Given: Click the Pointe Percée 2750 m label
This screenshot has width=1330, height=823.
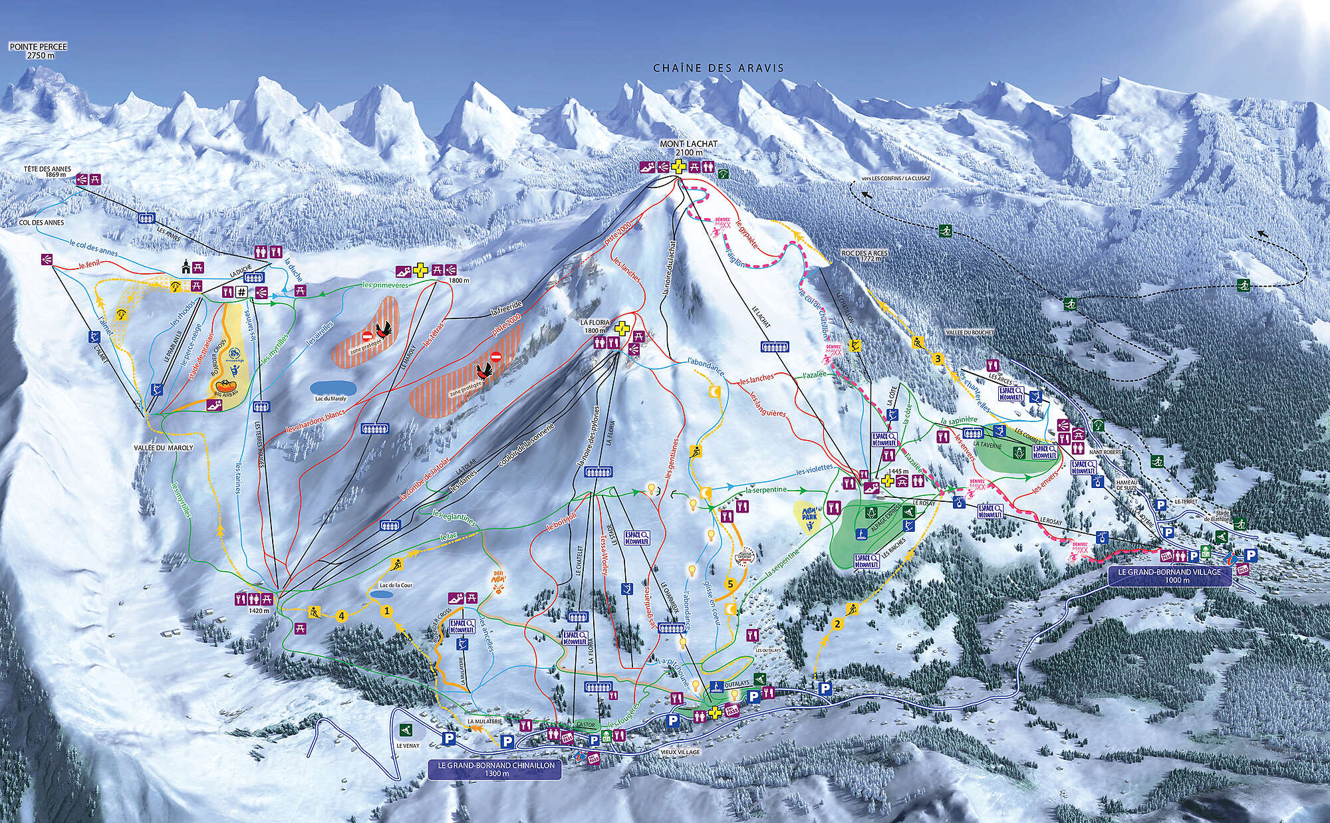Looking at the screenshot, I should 38,51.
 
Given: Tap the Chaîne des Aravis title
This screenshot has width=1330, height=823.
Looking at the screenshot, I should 719,68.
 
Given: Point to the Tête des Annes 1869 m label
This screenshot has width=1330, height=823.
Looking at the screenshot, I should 47,172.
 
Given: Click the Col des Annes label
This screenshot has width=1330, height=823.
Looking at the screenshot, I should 41,223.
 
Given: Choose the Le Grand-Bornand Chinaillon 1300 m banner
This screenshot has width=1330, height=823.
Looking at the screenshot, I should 496,770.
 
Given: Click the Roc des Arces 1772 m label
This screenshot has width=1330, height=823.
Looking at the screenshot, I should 864,255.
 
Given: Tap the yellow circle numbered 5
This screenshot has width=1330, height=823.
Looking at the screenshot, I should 730,583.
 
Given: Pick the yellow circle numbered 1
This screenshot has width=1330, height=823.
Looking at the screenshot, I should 386,608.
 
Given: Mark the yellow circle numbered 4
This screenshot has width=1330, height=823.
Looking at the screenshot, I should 342,616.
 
